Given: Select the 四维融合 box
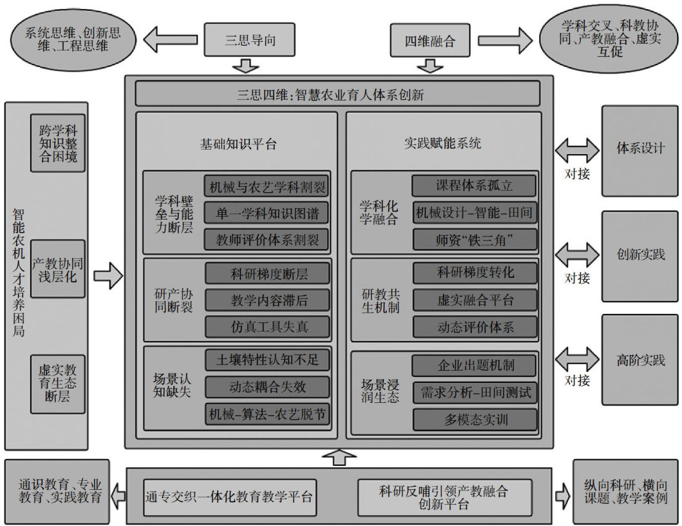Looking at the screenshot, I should coord(430,41).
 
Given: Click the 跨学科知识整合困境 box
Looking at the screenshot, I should coord(59,143).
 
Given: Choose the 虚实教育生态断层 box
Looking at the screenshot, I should coord(59,383).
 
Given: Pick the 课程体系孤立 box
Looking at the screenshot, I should coord(474,186).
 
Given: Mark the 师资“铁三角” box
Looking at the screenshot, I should coord(474,239).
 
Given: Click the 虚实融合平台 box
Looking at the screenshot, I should coord(474,299).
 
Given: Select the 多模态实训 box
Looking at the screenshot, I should coord(474,420).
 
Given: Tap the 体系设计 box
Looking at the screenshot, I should coord(639,148).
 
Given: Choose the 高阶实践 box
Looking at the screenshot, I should coord(639,359).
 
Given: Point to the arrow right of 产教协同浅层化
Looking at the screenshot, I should coord(108,277).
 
